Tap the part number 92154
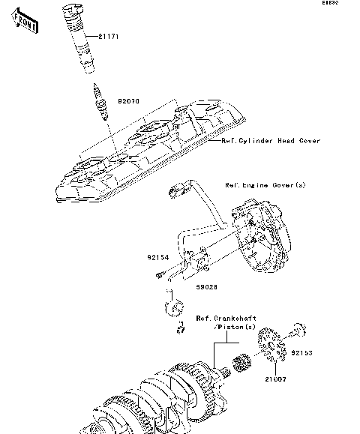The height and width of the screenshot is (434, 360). [x=157, y=257]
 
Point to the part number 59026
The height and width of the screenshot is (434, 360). [x=207, y=286]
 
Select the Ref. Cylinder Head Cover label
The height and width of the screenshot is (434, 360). [x=271, y=141]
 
